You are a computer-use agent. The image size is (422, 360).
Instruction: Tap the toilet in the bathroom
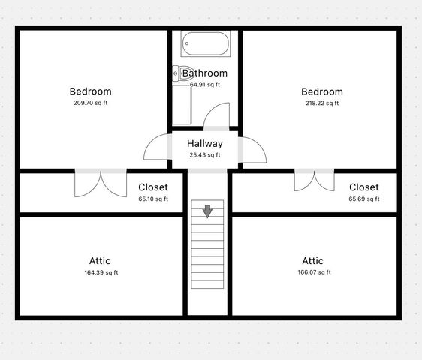pyautogui.click(x=178, y=73)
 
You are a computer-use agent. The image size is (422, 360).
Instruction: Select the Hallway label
pyautogui.click(x=205, y=143)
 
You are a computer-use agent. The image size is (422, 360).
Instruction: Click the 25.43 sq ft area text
pyautogui.click(x=205, y=155)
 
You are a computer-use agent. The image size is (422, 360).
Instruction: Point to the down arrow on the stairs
pyautogui.click(x=207, y=212)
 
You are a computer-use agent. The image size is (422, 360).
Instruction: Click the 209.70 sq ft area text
pyautogui.click(x=90, y=103)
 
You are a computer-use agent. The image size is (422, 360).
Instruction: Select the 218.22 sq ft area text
pyautogui.click(x=321, y=103)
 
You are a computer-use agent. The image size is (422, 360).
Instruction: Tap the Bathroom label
pyautogui.click(x=205, y=73)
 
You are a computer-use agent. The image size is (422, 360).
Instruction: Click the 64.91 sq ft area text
pyautogui.click(x=205, y=85)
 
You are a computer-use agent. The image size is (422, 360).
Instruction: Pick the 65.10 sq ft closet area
pyautogui.click(x=153, y=199)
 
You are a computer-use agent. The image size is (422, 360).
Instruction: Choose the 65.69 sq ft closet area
pyautogui.click(x=363, y=199)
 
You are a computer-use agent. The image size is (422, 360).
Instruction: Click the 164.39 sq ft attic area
pyautogui.click(x=100, y=272)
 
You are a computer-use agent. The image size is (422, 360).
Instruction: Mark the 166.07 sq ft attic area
pyautogui.click(x=312, y=272)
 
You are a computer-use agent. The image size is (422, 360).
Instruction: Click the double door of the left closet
pyautogui.click(x=100, y=184)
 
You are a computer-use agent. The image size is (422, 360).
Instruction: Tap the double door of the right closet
pyautogui.click(x=315, y=181)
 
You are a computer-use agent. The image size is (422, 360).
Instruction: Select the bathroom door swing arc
pyautogui.click(x=218, y=115)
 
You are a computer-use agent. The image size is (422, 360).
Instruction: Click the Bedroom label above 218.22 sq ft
pyautogui.click(x=321, y=91)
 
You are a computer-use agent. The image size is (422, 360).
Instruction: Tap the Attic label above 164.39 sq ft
pyautogui.click(x=100, y=261)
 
